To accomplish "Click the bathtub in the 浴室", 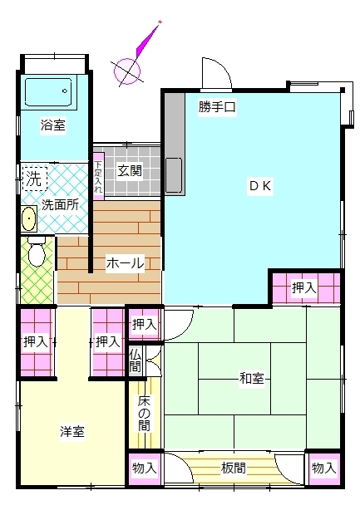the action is [x=48, y=92].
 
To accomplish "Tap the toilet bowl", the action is [x=37, y=252].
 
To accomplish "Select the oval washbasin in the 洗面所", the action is [x=29, y=219].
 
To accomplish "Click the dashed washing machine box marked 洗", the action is [x=35, y=179].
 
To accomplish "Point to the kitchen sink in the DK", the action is [x=174, y=175].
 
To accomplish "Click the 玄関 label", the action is [x=129, y=170].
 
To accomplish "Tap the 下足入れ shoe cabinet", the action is [x=98, y=176].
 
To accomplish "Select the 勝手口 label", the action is [x=217, y=106].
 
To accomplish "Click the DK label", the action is [x=260, y=185].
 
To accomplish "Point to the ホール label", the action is [x=125, y=263].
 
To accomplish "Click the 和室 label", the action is [x=251, y=378].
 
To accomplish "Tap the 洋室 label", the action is [x=72, y=432].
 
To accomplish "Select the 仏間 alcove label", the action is [x=136, y=360].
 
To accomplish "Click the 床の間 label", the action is [x=144, y=414].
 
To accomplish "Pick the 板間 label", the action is [x=234, y=468].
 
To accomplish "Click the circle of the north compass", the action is [x=127, y=71].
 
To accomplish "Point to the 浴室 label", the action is [x=53, y=125].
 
